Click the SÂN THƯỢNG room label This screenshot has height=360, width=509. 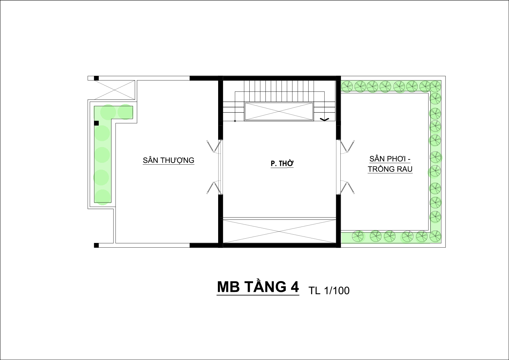(168, 160)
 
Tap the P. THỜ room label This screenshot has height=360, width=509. (282, 164)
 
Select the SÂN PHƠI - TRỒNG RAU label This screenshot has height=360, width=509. (390, 164)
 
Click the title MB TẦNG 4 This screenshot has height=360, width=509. (258, 287)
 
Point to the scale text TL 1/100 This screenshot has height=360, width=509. (329, 290)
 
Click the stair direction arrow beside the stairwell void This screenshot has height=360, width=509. (324, 119)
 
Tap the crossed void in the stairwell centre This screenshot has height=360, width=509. (279, 111)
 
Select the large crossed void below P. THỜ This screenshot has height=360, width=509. (279, 231)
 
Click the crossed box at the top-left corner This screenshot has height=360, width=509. (114, 90)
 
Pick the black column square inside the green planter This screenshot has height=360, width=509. (96, 123)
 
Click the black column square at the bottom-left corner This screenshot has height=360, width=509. (96, 245)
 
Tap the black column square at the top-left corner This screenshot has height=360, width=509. (96, 78)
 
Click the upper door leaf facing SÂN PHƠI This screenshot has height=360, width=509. (347, 146)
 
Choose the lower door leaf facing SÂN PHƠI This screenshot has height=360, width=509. (347, 188)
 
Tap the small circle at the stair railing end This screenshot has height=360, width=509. (235, 121)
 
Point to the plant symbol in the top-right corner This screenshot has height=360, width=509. (435, 86)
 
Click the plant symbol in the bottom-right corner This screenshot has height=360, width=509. (435, 236)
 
